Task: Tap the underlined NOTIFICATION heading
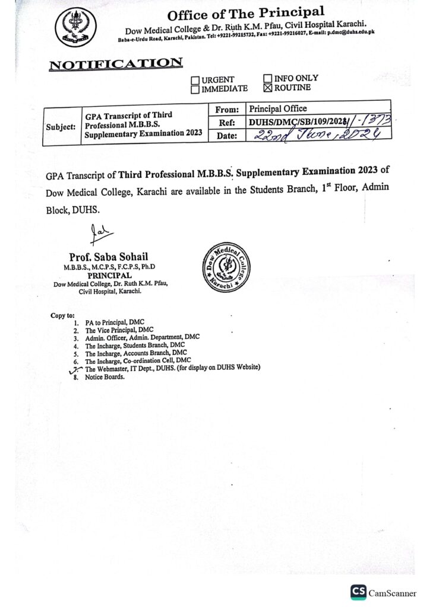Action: [x=116, y=63]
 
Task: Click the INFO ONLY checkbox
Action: [x=267, y=78]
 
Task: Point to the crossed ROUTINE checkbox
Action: [x=267, y=88]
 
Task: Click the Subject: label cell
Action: [x=61, y=127]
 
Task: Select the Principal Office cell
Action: [x=278, y=108]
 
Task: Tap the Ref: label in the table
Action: [x=227, y=122]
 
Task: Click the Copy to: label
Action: [x=62, y=315]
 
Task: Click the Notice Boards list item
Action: [x=105, y=376]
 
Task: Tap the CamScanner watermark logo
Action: [x=358, y=592]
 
